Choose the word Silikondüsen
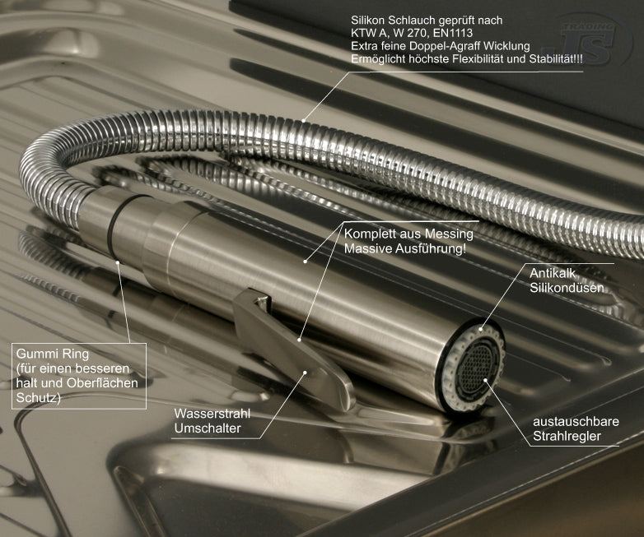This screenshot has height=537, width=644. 567,288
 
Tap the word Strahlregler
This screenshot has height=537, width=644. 567,437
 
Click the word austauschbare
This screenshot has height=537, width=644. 576,422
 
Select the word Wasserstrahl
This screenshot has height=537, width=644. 212,414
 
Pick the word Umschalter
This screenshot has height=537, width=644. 208,428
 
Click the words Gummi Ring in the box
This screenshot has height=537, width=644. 52,354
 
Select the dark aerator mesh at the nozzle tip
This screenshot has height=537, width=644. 477,366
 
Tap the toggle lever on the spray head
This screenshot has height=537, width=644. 292,349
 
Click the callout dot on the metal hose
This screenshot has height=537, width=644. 303,121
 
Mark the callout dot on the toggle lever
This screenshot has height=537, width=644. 306,372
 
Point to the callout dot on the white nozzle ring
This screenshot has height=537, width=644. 481,328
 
